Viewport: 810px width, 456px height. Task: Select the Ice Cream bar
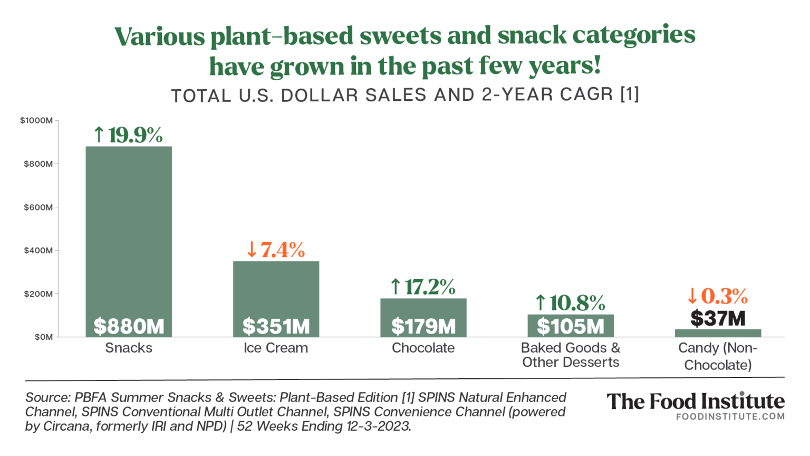(276, 285)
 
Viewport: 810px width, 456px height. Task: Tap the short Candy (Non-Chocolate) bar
(718, 333)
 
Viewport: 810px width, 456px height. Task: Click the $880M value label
(129, 326)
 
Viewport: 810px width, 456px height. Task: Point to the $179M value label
(423, 326)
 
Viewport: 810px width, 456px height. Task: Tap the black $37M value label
(718, 318)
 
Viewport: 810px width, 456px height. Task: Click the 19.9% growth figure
(135, 135)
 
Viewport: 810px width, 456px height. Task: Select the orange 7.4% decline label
(282, 250)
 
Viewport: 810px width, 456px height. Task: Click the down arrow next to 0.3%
(692, 296)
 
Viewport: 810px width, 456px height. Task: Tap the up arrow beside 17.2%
(396, 287)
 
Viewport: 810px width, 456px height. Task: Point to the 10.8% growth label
(577, 303)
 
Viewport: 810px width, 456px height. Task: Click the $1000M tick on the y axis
(36, 120)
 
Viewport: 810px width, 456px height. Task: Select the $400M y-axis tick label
(38, 250)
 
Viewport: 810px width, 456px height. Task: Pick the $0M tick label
(43, 337)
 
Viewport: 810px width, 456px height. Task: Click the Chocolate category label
(423, 348)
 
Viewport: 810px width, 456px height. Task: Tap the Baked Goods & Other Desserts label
(571, 355)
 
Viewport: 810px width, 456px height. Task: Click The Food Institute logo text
(695, 402)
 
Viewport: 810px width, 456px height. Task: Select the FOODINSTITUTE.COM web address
(730, 416)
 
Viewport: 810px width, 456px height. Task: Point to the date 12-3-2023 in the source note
(378, 426)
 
